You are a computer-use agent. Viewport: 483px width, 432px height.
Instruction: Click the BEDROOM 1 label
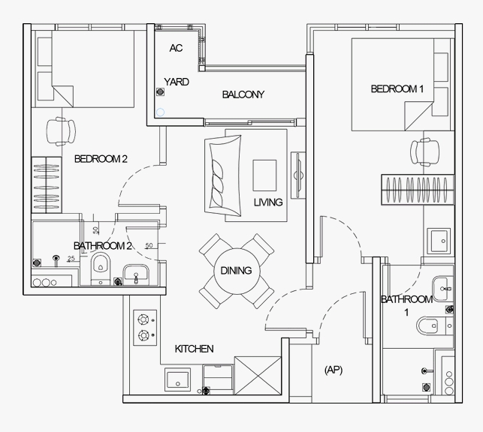click(x=397, y=89)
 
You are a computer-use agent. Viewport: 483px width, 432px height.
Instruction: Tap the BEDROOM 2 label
click(x=101, y=159)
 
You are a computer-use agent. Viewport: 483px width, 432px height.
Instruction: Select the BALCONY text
click(x=243, y=94)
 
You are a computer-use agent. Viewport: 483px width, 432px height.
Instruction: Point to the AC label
click(x=176, y=48)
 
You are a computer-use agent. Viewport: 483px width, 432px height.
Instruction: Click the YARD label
click(x=177, y=82)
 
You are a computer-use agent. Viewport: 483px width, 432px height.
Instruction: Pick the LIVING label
click(x=267, y=202)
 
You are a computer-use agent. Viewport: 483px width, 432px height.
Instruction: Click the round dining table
click(x=236, y=271)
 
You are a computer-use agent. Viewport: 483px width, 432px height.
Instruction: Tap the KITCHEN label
click(x=195, y=349)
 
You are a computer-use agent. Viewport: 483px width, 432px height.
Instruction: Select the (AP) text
click(x=334, y=370)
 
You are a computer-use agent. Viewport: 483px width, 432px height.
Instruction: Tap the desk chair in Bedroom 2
click(x=61, y=131)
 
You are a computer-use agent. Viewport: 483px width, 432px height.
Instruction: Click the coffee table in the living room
click(x=265, y=175)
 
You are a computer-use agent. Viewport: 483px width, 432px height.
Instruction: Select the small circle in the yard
click(x=159, y=114)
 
